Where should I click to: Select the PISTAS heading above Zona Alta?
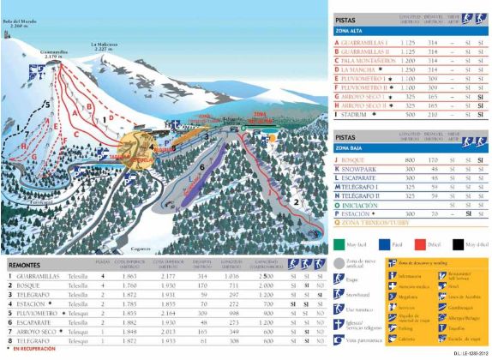click(x=346, y=17)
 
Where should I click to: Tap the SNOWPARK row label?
click(x=361, y=168)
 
